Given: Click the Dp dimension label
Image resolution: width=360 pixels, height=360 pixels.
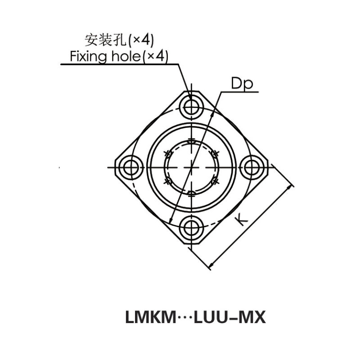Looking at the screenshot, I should point(242,84).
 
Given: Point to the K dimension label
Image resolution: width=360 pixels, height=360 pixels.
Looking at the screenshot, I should point(242,219).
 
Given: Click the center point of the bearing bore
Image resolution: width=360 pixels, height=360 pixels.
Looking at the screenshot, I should point(192,167).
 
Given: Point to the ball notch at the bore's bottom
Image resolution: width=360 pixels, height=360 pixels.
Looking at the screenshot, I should point(192,194).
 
